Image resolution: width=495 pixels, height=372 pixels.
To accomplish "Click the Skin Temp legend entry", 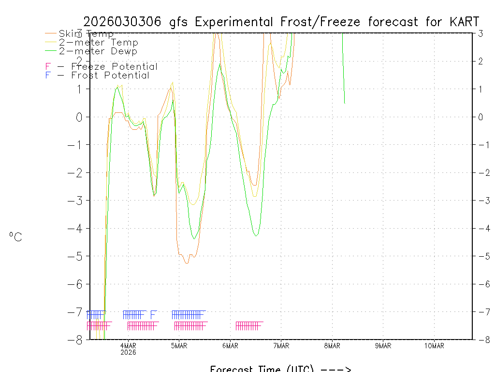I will point(86,33).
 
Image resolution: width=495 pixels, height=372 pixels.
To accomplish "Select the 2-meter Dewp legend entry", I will point(98,51).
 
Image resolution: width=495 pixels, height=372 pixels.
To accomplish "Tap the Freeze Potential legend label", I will point(114,66).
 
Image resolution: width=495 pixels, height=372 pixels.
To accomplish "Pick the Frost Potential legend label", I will point(110,75).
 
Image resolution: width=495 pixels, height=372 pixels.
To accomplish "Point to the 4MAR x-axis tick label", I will point(128,345).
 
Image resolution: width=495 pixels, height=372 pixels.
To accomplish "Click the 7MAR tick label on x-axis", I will point(281,345).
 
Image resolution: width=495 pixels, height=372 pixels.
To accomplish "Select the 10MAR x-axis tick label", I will point(434,345).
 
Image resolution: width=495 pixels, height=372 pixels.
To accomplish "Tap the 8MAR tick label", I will point(332,345).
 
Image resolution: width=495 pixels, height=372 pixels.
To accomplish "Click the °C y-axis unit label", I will point(15,237).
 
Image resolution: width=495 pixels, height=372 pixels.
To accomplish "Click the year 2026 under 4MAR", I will point(128,352).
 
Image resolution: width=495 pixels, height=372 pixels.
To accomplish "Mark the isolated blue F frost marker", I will point(153,315).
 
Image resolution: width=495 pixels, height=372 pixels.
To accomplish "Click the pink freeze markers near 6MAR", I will point(249,325).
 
